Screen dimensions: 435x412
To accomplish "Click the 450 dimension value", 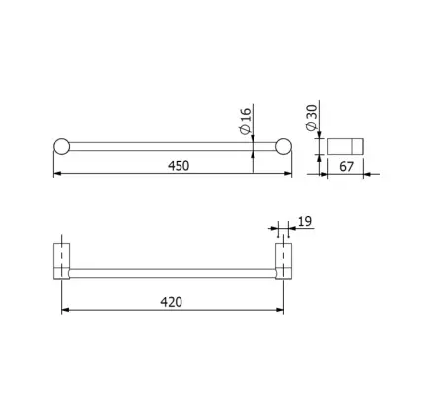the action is pos(179,166).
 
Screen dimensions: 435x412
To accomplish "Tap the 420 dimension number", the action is pos(171,302).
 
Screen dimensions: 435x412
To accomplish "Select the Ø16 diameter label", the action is pos(246,121).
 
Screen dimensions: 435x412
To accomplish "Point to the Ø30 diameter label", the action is pos(311,118).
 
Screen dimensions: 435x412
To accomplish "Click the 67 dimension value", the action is pos(346,167).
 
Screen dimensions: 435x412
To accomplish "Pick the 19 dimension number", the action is pos(305,221).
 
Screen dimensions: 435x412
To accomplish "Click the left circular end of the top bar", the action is pos(62,146).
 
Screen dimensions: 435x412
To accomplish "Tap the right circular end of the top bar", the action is pos(283,146).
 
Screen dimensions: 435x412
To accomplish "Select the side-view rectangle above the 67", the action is pos(345,146).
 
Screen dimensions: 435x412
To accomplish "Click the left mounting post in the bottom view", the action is pos(62,261).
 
